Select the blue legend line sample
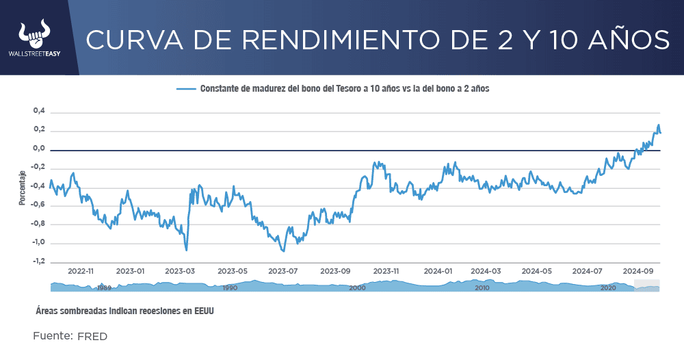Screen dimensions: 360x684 [x=186, y=89]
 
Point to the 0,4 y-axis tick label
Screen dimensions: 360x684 [x=39, y=111]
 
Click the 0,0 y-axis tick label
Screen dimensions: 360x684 [x=39, y=149]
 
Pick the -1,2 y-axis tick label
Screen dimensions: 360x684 [x=38, y=261]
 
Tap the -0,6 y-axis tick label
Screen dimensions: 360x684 [x=38, y=205]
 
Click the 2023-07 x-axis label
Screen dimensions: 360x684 [x=285, y=271]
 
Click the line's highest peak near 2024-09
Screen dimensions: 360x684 [x=659, y=125]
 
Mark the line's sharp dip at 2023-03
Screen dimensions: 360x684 [x=186, y=250]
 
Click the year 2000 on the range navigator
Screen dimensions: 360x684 [x=357, y=288]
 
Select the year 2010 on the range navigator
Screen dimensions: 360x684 [x=482, y=288]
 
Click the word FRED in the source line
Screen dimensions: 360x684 [x=92, y=337]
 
